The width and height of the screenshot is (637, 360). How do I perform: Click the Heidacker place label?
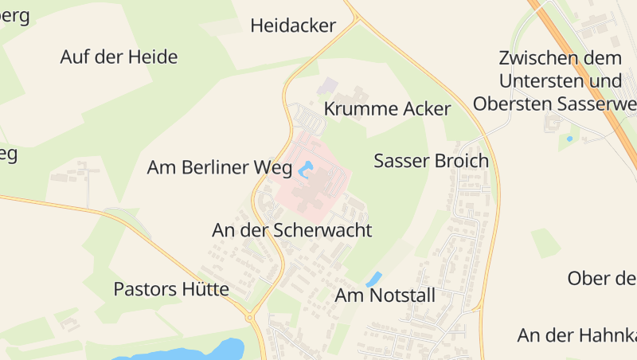point(293,25)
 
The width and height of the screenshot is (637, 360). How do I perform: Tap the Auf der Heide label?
point(119,57)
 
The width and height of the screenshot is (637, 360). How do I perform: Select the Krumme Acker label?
point(388,109)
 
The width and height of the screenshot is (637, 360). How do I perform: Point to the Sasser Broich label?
point(431,161)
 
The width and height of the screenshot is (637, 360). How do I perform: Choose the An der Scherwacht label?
point(292,230)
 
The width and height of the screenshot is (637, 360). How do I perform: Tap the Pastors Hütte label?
point(171,288)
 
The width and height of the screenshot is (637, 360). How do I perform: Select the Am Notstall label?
point(385,295)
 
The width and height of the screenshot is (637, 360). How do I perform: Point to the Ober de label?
point(601,278)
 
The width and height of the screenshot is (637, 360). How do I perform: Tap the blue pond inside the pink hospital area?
point(306,169)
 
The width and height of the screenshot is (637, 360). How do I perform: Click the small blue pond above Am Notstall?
point(373,280)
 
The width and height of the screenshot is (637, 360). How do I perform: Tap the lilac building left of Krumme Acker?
point(327,84)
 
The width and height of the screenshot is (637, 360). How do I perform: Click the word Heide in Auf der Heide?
point(152,57)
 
